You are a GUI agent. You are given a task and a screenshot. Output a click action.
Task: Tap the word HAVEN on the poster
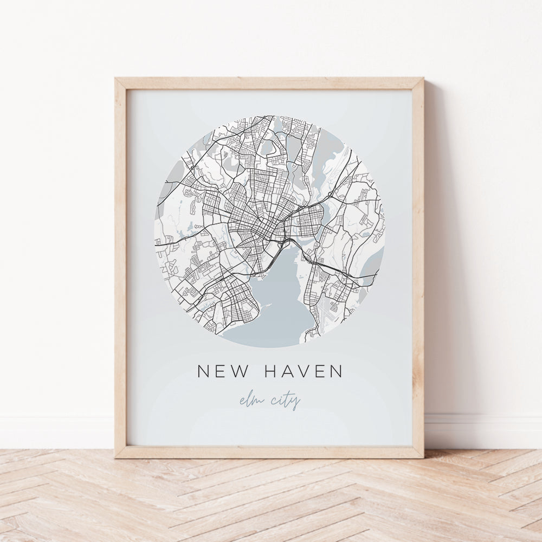(304, 371)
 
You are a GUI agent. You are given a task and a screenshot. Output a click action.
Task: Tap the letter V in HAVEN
(302, 371)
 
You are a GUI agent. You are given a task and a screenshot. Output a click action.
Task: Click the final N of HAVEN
(336, 371)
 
